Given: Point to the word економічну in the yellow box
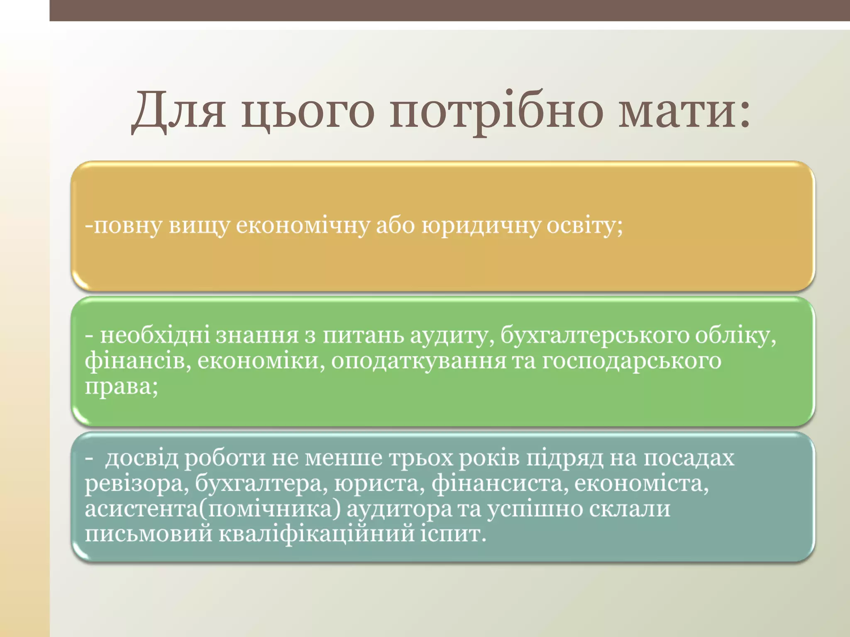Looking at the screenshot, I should tap(303, 226).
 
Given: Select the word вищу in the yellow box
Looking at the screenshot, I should tap(199, 226).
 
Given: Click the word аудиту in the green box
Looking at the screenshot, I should tap(452, 336).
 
